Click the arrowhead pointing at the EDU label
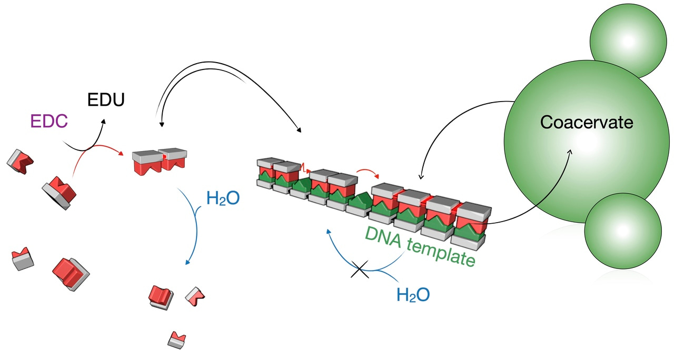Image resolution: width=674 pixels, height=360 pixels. coord(103,121)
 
